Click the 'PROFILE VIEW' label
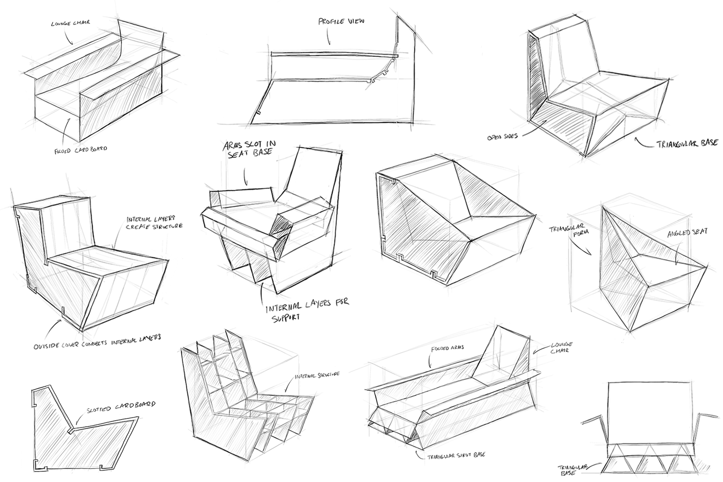coord(341,21)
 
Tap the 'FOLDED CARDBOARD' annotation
coord(81,149)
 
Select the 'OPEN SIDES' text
coord(502,137)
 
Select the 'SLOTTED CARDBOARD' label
coord(121,406)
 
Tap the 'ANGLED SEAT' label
coord(686,233)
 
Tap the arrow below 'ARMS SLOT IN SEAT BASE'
coord(245,177)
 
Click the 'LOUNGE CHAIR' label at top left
coord(70,23)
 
